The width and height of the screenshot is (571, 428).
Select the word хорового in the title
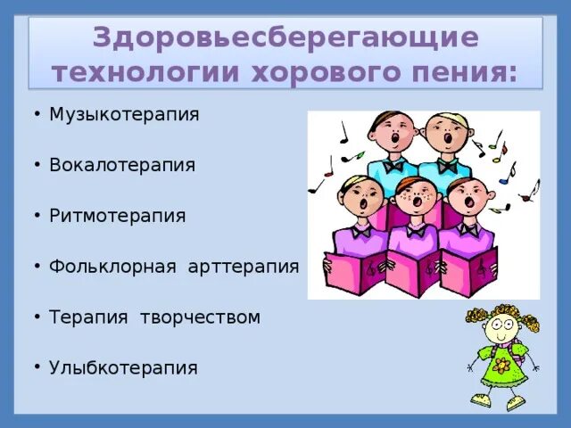coord(319,72)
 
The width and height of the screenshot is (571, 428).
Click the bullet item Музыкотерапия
coord(124,115)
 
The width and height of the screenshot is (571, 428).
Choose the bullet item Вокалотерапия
coord(122,166)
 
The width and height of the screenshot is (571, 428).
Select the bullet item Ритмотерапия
coord(118,217)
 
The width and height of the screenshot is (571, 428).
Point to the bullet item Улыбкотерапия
coord(123,367)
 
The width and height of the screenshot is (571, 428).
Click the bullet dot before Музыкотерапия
coord(37,116)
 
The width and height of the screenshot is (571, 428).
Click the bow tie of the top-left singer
coord(393,166)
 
